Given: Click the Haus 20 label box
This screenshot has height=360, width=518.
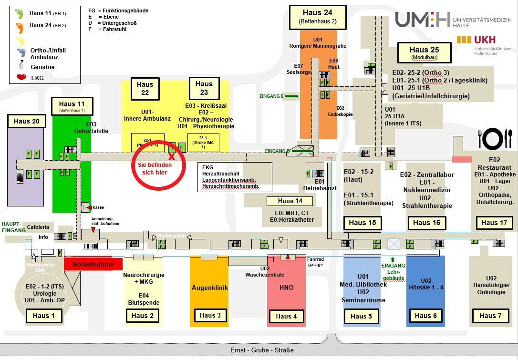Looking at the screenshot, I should pyautogui.click(x=27, y=121).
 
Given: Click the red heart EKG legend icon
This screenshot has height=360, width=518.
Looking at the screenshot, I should pyautogui.click(x=21, y=78).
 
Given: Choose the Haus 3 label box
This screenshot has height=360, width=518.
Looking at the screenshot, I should pyautogui.click(x=207, y=315).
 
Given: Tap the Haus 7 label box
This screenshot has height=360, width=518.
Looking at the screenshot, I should pyautogui.click(x=487, y=316).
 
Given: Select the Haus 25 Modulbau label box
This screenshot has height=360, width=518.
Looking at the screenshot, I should pyautogui.click(x=425, y=52).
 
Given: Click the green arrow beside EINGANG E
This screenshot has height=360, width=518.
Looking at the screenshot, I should pyautogui.click(x=292, y=96).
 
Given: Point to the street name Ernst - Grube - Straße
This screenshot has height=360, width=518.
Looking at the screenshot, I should pyautogui.click(x=262, y=350).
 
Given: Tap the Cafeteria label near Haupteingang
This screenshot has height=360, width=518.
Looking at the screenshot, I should pyautogui.click(x=38, y=227).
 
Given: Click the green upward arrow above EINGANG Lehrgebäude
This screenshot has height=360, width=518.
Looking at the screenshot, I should pyautogui.click(x=393, y=259).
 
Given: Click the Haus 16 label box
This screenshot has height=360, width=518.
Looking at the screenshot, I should pyautogui.click(x=426, y=222).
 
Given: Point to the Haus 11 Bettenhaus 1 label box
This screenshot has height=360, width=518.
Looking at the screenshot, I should pyautogui.click(x=72, y=106).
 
